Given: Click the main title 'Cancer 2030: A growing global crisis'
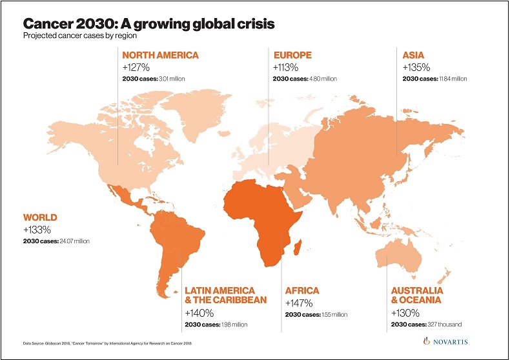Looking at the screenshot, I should coord(149,24).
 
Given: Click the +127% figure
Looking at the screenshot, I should coord(136,67).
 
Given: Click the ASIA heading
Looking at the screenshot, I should coord(414,55).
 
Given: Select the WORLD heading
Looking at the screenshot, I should coord(40,217).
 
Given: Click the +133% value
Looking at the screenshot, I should coord(37,229).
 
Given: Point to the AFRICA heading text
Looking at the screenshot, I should coord(302,291).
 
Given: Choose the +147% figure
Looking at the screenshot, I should coord(299,303).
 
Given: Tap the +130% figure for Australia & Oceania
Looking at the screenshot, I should coord(405,312).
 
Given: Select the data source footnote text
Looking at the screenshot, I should coord(103,341).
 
